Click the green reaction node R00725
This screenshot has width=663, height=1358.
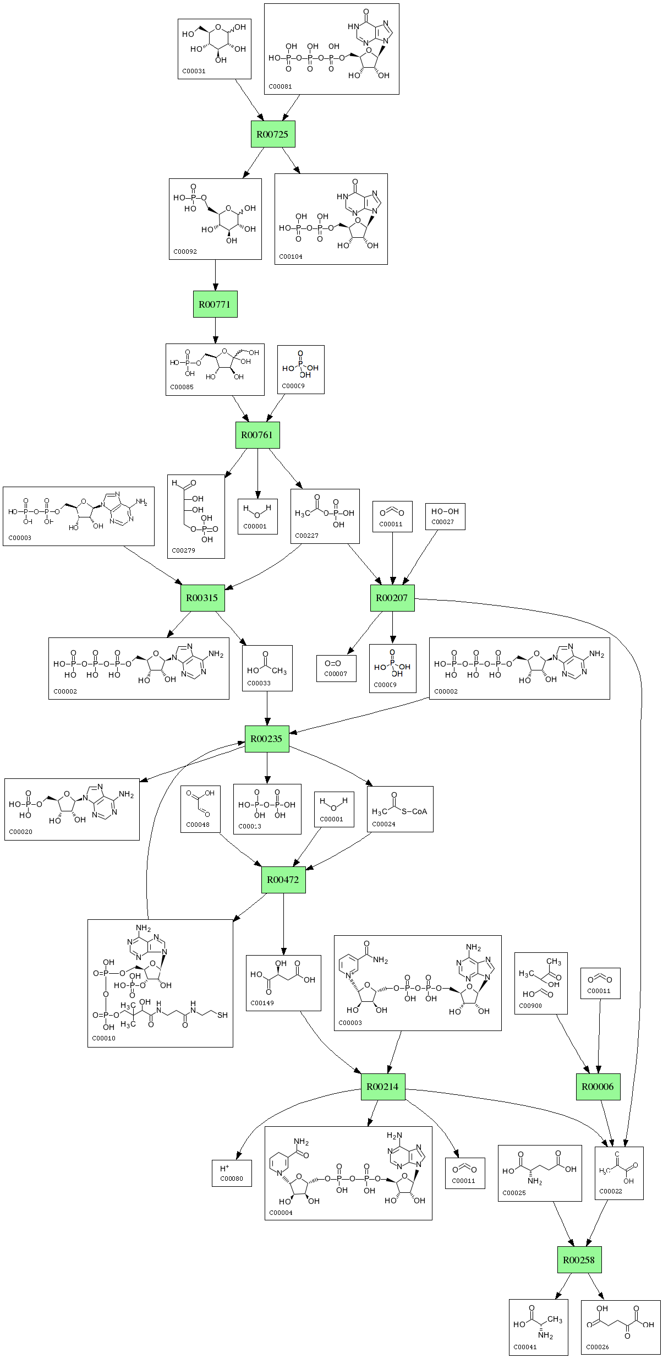[273, 134]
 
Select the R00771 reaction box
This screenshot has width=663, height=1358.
[215, 304]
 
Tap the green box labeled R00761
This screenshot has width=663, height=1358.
[257, 435]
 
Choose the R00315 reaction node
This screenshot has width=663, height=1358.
[202, 598]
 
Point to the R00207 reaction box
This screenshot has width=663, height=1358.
[392, 598]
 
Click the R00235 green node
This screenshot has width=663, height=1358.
[267, 739]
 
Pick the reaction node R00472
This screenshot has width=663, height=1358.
[283, 880]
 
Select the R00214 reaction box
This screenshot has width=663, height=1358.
[383, 1087]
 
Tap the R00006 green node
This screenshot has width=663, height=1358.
[598, 1087]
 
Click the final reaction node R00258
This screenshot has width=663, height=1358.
[579, 1260]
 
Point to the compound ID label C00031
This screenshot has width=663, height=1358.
[194, 71]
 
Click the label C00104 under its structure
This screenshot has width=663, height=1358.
[291, 257]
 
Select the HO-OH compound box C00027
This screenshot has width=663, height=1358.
[445, 516]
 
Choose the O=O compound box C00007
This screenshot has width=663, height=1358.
[336, 668]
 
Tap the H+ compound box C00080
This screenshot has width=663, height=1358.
[232, 1173]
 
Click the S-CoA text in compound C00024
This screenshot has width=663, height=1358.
[414, 811]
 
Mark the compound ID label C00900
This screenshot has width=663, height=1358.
[530, 1005]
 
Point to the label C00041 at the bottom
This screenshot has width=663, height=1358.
[525, 1348]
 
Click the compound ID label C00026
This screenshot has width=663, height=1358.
[598, 1348]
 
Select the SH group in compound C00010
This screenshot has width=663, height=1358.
[222, 1016]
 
